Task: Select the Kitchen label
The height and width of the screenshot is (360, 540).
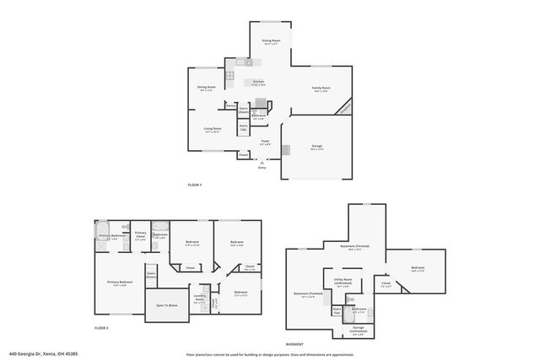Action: [x=259, y=82]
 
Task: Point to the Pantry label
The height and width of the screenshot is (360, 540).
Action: [x=230, y=106]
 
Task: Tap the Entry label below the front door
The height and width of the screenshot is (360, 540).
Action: [x=262, y=168]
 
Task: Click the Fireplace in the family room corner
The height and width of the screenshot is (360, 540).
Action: [x=343, y=109]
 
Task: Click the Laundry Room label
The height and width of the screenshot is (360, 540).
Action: [x=200, y=297]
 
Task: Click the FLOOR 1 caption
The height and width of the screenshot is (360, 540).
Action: [x=195, y=185]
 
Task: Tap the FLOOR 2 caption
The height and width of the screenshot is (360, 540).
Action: [x=101, y=327]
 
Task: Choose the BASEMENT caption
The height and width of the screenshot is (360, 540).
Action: [x=294, y=344]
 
